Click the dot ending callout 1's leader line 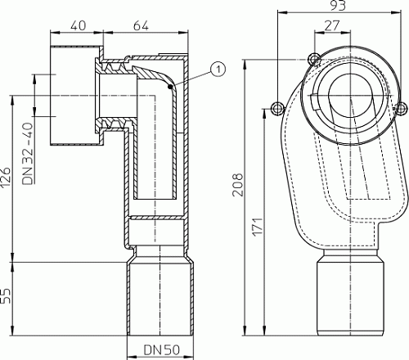point(170,84)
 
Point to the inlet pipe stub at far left point(72,98)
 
